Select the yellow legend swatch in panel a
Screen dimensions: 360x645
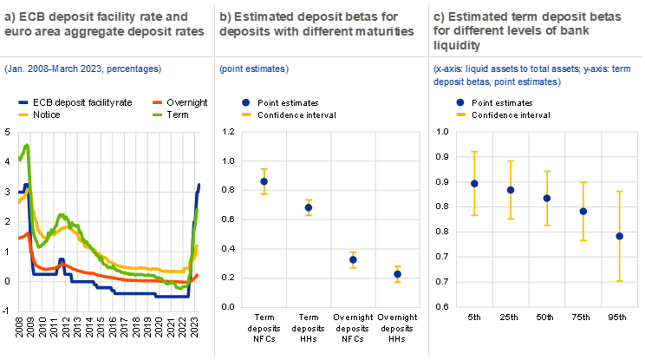(23, 114)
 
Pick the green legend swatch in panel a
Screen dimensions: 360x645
(158, 114)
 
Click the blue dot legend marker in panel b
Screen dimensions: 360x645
(246, 102)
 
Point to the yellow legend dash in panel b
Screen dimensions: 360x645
(246, 114)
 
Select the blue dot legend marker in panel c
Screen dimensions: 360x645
(460, 102)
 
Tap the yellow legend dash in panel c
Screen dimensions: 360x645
(460, 114)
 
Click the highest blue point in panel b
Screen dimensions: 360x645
(264, 181)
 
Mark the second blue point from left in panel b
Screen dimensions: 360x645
(309, 207)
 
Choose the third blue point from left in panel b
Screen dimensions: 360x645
(353, 259)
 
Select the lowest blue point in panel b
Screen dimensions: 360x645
(397, 274)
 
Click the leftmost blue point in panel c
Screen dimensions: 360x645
(474, 184)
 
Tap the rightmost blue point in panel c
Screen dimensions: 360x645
(620, 236)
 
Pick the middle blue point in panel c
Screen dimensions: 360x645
(547, 198)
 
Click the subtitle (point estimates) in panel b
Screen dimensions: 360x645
(254, 68)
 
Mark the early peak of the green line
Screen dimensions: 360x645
(28, 146)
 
